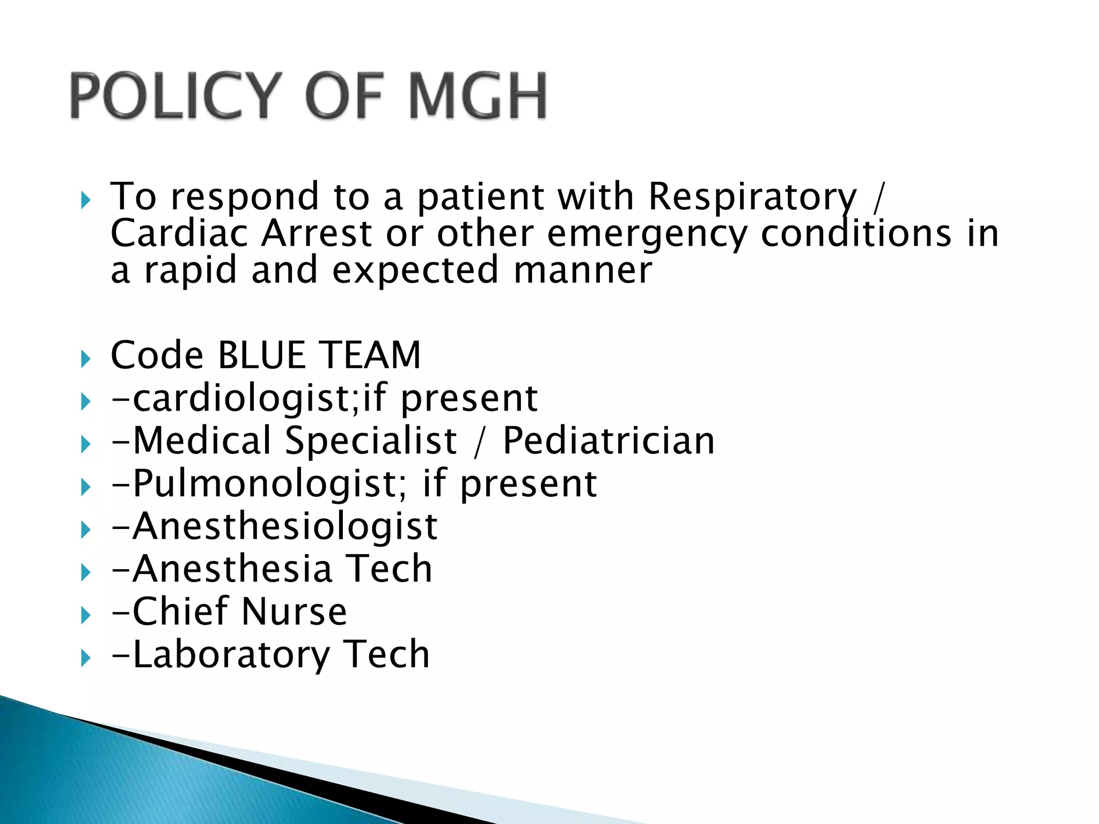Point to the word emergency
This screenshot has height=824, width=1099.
coord(646,235)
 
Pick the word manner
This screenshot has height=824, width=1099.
coord(583,270)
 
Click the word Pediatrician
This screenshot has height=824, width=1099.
coord(609,441)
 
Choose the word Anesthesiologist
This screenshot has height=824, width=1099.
coord(285,526)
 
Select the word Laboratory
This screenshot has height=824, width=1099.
coord(231,655)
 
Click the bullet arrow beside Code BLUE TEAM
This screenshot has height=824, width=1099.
coord(85,358)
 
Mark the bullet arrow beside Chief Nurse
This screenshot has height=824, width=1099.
coord(85,615)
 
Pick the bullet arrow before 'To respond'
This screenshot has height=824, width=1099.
coord(85,201)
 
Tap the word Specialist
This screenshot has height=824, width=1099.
coord(371,441)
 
